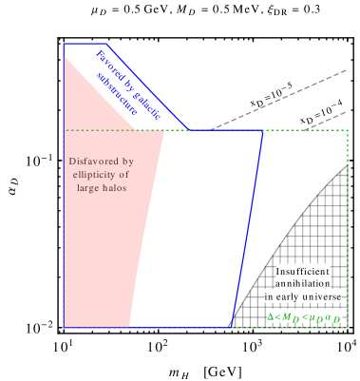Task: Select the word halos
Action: pyautogui.click(x=113, y=188)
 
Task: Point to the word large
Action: pyautogui.click(x=89, y=188)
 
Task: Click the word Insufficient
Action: pyautogui.click(x=303, y=271)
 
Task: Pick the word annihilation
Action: pyautogui.click(x=303, y=284)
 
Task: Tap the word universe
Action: pyautogui.click(x=319, y=297)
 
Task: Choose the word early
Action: pyautogui.click(x=287, y=297)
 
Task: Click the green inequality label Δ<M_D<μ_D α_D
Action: pyautogui.click(x=303, y=314)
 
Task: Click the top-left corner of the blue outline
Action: pyautogui.click(x=64, y=44)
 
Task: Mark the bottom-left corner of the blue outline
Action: pyautogui.click(x=64, y=328)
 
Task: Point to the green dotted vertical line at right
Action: pyautogui.click(x=348, y=228)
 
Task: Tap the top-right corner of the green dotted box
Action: pyautogui.click(x=348, y=130)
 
